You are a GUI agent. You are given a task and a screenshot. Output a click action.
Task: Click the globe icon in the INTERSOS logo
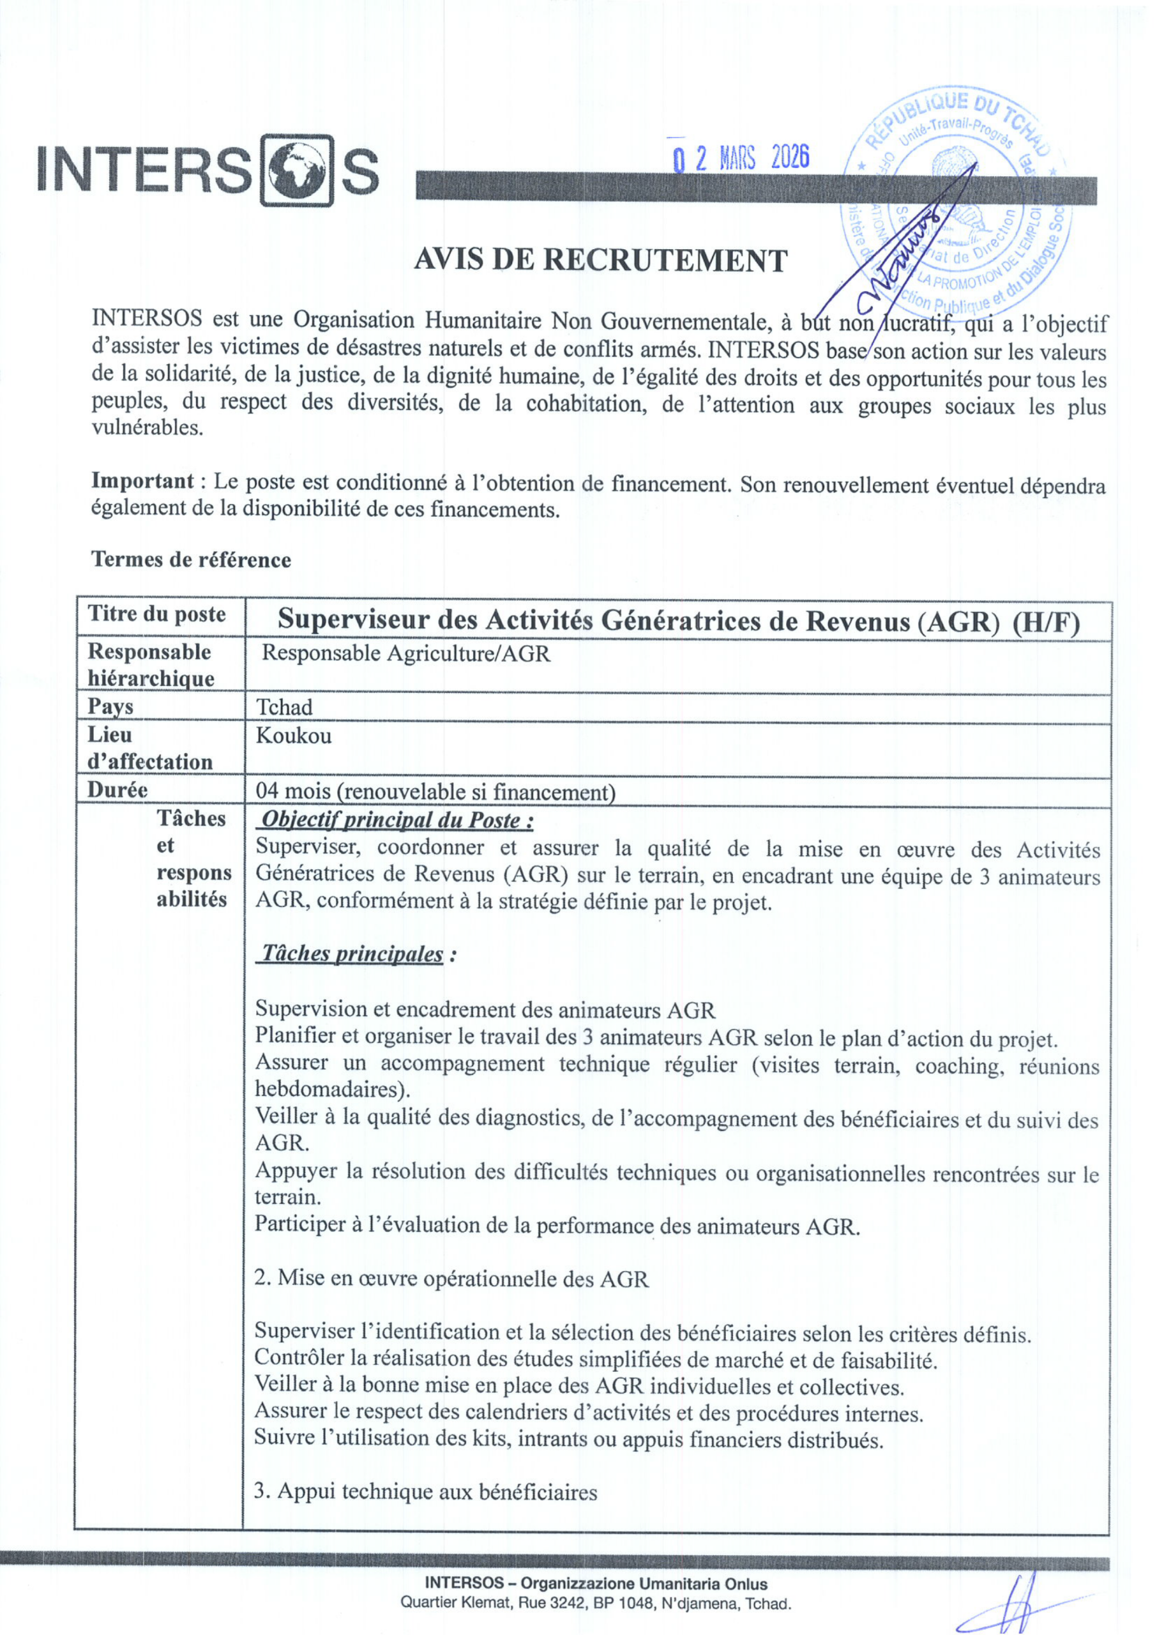tap(296, 171)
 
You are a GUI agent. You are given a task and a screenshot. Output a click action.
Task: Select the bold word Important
tap(142, 481)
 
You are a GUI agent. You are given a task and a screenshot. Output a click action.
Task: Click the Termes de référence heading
tap(191, 559)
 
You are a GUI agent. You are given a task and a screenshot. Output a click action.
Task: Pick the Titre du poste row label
tap(156, 614)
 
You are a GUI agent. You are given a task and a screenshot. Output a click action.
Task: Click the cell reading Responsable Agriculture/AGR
tap(406, 653)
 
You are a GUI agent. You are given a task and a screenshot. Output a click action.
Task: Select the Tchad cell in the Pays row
tap(284, 707)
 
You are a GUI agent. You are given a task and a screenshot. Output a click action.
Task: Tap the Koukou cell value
tap(294, 735)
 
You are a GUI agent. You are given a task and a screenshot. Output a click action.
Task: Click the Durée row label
tap(117, 789)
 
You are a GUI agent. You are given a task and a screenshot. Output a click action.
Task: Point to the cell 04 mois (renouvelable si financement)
tap(435, 791)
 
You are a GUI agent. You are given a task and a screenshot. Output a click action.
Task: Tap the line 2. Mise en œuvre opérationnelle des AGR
tap(451, 1278)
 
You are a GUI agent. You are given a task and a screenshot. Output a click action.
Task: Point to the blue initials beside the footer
tap(1011, 1603)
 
